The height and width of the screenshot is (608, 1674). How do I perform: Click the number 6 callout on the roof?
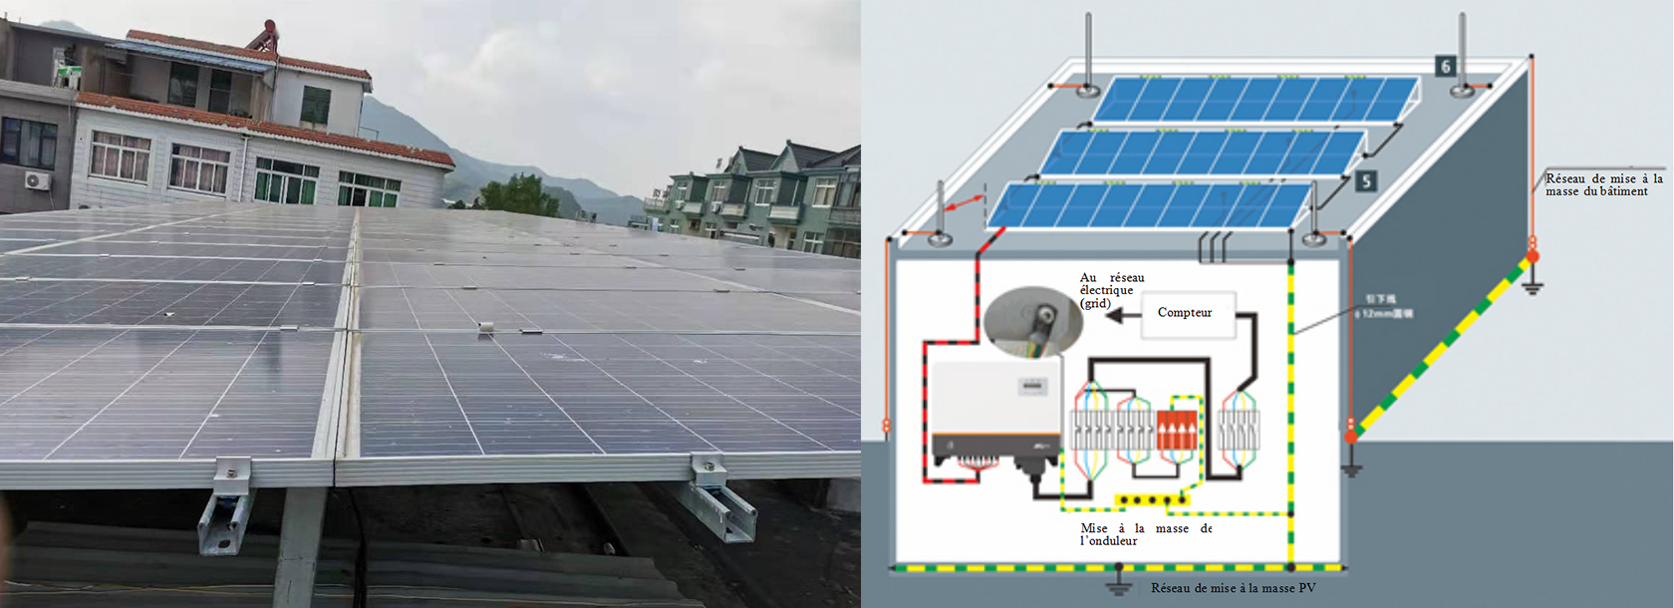click(x=1445, y=67)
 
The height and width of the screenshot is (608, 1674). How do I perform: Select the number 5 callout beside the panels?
click(x=1365, y=180)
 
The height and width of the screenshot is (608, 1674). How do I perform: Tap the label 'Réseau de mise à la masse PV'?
click(x=1233, y=588)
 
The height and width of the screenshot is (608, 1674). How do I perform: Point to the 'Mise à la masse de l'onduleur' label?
click(x=1145, y=534)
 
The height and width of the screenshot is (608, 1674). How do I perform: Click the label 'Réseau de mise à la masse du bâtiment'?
click(x=1603, y=185)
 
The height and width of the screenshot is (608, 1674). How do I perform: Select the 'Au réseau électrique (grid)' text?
click(x=1111, y=290)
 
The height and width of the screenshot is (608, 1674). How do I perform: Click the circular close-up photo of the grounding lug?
click(x=1033, y=324)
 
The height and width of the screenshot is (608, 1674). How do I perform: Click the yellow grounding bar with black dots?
click(x=1151, y=499)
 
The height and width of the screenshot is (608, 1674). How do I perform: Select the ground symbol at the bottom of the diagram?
click(x=1119, y=582)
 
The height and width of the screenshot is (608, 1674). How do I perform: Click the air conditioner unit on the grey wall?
click(x=37, y=181)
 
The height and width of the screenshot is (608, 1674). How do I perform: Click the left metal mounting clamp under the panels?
click(x=228, y=506)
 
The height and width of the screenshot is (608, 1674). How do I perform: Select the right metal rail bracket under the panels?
click(x=718, y=500)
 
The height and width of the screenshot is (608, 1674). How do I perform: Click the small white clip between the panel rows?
click(x=485, y=327)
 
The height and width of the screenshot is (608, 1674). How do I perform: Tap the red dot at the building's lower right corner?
click(x=1351, y=437)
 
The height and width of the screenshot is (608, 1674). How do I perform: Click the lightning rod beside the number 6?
click(x=1462, y=55)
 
